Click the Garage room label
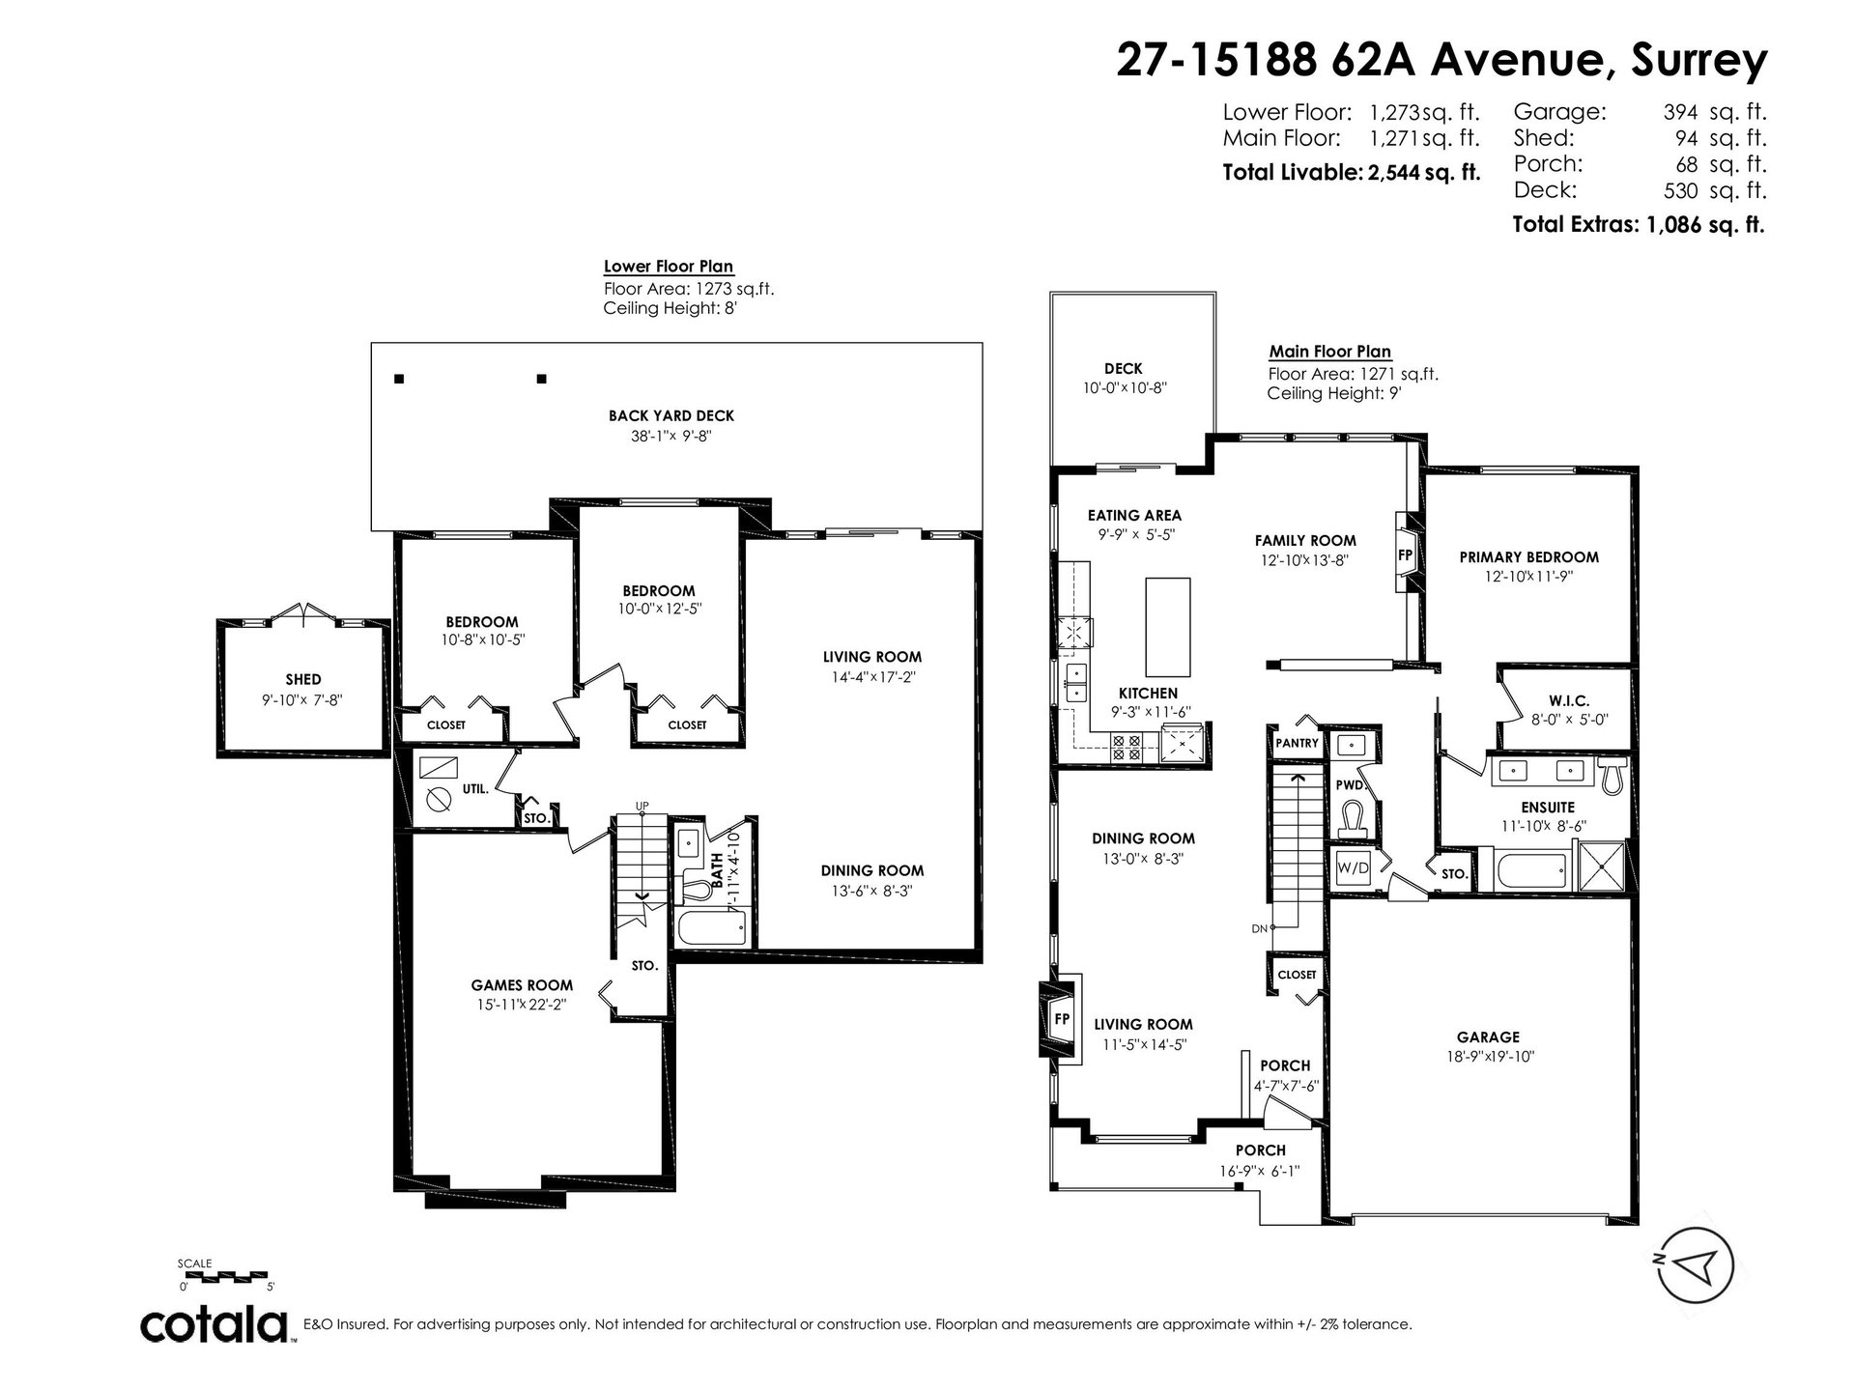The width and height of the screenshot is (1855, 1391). coord(1489,1036)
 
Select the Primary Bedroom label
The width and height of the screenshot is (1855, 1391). coord(1528,556)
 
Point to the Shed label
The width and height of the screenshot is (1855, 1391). coord(303,679)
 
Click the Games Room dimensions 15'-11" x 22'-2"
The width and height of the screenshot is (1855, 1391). coord(522,1004)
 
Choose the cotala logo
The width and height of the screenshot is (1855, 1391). coord(216,1325)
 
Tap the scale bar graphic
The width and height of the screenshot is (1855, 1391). coord(225,1275)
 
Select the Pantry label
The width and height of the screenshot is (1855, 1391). coord(1297,743)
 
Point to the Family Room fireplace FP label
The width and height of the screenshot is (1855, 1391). coord(1406,556)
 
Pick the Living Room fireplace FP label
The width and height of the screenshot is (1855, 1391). coord(1062,1019)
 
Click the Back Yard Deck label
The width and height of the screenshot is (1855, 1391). coord(671,415)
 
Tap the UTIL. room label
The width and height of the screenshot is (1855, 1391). coord(475,788)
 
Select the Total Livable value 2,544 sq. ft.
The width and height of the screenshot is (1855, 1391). coord(1423,173)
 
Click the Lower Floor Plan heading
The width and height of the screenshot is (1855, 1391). coord(669,267)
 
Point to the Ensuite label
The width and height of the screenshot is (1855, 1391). coord(1548,807)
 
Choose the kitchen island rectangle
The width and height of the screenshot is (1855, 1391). coord(1168,627)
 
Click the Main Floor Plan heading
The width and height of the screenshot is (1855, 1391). coord(1330,352)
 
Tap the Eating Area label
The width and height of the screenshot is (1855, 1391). coord(1134,515)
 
